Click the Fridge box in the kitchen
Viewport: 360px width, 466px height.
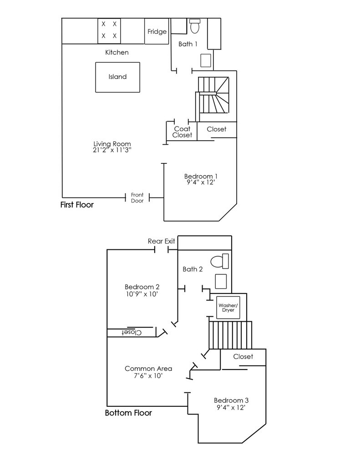coord(157,31)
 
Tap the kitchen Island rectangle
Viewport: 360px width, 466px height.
coord(118,77)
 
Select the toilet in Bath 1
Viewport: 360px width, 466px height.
coord(195,26)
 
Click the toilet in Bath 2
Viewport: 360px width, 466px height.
coord(220,261)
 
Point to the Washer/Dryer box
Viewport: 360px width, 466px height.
coord(228,308)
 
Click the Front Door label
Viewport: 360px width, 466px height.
coord(137,198)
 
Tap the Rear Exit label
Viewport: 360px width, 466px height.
coord(162,241)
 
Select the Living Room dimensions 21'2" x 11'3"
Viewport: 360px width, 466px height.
coord(112,150)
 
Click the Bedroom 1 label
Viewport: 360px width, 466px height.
coord(201,176)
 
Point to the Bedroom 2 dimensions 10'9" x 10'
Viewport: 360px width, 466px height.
coord(142,294)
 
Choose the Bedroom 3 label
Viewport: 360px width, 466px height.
coord(231,400)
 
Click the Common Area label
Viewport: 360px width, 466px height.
coord(148,369)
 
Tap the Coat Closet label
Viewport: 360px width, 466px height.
coord(182,132)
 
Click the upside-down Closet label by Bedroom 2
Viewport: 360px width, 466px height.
coord(132,332)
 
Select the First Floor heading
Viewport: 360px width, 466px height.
coord(77,205)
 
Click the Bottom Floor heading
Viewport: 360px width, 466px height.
coord(128,413)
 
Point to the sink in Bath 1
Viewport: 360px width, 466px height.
coord(206,61)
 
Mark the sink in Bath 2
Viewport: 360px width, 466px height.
coord(221,281)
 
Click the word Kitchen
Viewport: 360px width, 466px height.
coord(117,52)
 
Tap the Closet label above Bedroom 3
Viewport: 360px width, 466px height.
coord(243,356)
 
